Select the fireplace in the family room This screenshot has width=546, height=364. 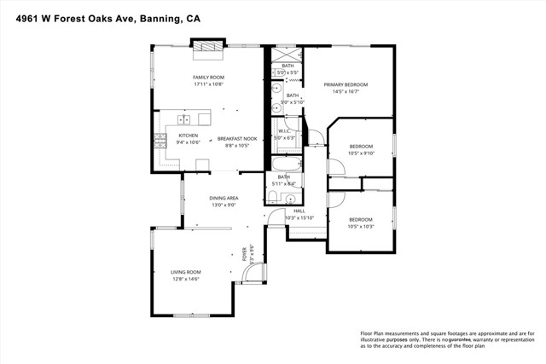207,52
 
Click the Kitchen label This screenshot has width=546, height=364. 188,136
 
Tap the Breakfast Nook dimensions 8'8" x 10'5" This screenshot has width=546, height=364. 236,146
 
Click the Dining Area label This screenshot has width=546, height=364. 224,198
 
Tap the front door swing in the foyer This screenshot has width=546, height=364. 251,273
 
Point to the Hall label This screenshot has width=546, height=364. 299,211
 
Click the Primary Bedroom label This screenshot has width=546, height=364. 346,84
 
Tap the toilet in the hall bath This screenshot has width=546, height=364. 272,198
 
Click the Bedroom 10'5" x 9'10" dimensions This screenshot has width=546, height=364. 362,154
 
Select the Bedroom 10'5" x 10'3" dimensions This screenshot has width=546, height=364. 362,227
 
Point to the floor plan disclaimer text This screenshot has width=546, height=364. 447,340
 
